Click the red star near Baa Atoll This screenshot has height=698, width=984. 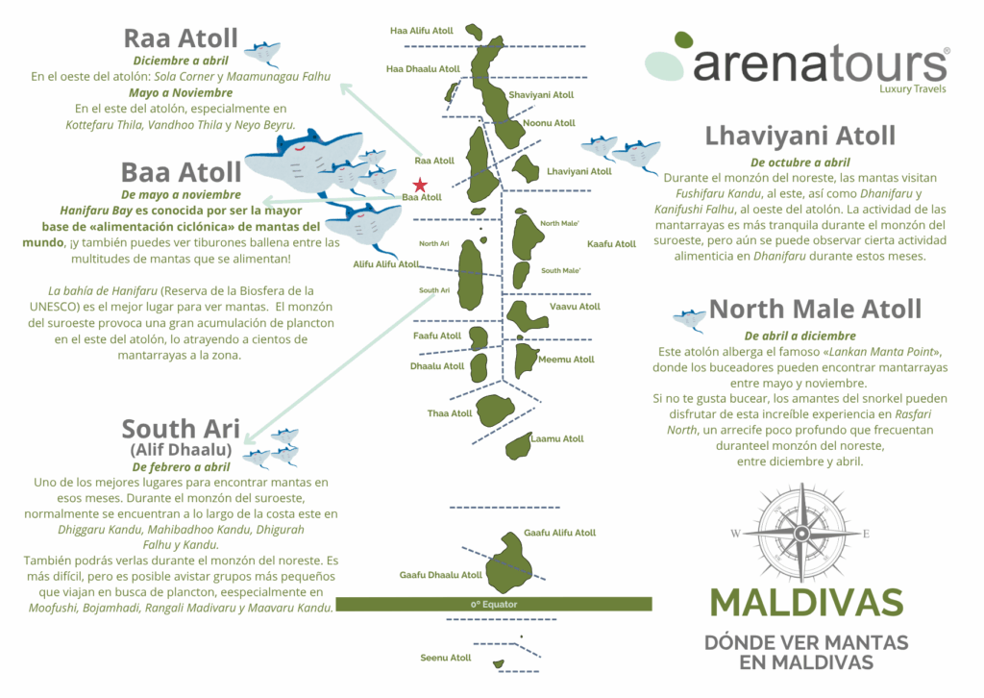pos(419,185)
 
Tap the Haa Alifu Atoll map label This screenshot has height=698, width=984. pos(421,31)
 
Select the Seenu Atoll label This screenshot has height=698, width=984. pos(446,658)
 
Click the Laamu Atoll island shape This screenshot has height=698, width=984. pos(518,445)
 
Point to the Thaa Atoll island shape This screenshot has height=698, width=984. pos(495,411)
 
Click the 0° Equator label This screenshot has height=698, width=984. pos(494,604)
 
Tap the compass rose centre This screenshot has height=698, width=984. pos(801,533)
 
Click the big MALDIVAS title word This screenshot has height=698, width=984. pos(806,602)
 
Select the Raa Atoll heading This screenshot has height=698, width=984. pos(180,38)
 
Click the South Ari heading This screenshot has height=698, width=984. pos(180,428)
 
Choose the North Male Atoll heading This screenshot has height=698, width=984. pos(815,309)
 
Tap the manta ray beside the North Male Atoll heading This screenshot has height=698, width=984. pos(689,318)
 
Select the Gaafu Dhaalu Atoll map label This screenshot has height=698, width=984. pos(440,575)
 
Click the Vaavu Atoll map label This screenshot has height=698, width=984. pos(575,307)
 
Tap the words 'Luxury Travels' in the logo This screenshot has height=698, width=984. pos(912,88)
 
